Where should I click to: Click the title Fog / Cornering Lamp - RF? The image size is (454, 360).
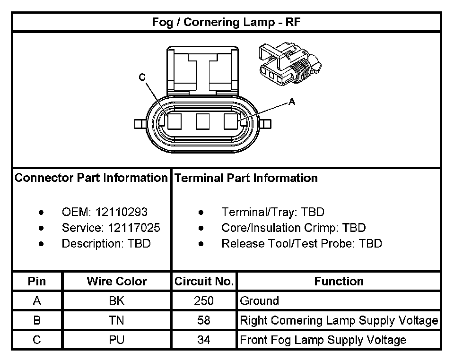point(226,22)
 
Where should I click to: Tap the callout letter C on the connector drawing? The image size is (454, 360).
point(142,78)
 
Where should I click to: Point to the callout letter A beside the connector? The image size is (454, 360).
point(292,101)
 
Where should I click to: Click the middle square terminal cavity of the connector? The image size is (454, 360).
point(202,121)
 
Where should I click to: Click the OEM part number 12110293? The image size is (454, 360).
point(121,212)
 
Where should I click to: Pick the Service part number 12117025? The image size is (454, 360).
point(134,228)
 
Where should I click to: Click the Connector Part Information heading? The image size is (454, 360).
point(91,178)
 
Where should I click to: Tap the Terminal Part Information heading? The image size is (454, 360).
point(246,178)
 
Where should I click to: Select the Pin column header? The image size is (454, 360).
point(37,282)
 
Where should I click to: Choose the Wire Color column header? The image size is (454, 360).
point(116,282)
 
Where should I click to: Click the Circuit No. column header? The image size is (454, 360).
point(204,282)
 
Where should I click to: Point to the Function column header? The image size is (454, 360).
point(339,282)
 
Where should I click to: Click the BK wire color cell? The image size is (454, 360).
point(116,301)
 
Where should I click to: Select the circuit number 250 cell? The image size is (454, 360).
point(204,301)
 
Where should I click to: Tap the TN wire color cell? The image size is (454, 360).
point(116,320)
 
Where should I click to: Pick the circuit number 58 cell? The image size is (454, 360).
point(204,320)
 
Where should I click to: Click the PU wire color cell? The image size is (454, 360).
point(116,340)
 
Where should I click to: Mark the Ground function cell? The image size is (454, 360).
point(260,301)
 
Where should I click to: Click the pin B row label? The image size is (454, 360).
point(37,320)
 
